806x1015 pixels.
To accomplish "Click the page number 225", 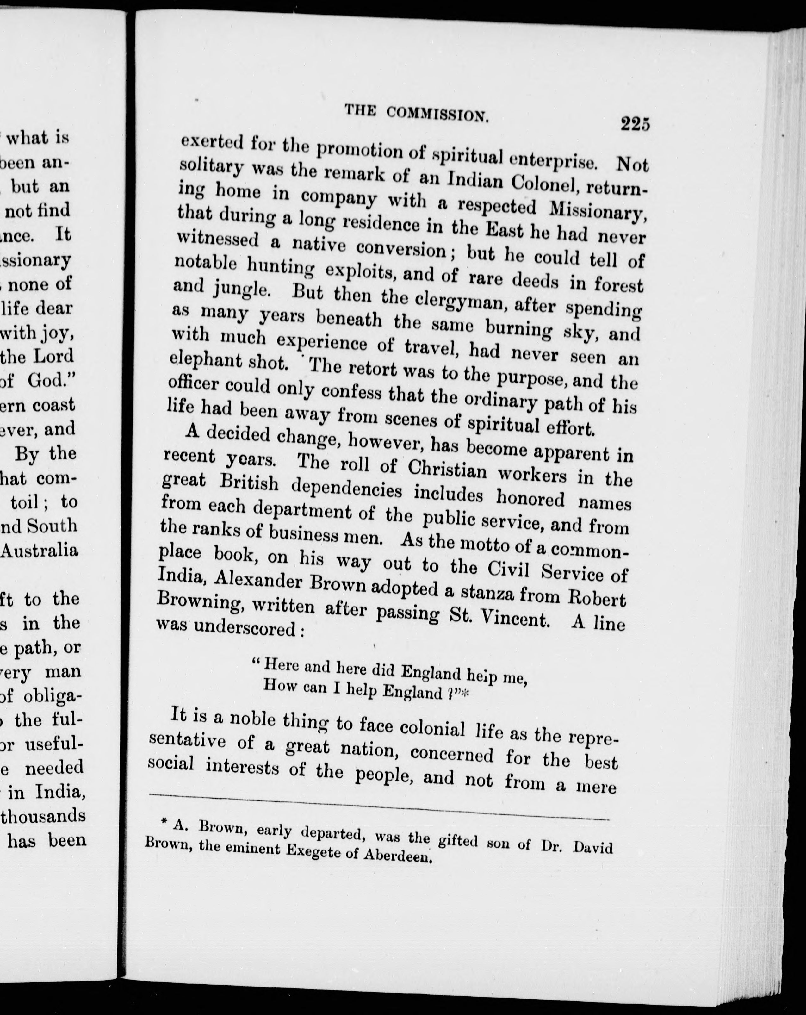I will (635, 125).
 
